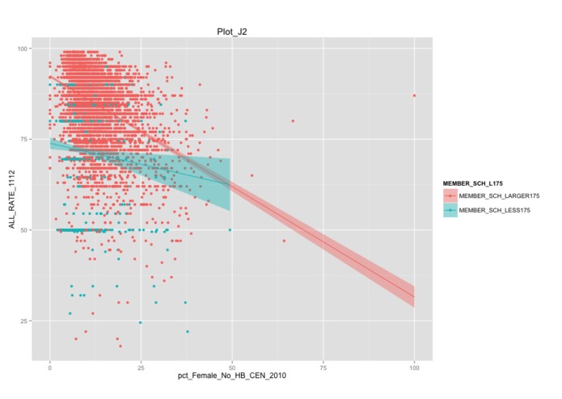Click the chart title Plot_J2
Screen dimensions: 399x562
click(232, 31)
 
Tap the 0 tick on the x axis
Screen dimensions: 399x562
click(50, 366)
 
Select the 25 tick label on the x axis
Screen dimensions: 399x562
click(141, 366)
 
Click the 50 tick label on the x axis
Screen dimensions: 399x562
click(232, 366)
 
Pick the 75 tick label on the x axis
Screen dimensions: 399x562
click(323, 366)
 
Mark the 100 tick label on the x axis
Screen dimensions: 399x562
click(414, 366)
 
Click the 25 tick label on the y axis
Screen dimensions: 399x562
click(24, 321)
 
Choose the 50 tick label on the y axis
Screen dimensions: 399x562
click(24, 230)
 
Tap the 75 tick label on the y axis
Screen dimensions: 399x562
click(24, 139)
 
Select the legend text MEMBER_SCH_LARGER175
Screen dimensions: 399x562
click(499, 196)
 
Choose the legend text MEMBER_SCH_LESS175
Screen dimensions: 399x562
click(495, 210)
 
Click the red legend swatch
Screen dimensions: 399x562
click(450, 196)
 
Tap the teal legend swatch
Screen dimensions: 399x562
click(450, 210)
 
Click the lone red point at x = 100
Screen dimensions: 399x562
click(414, 95)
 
